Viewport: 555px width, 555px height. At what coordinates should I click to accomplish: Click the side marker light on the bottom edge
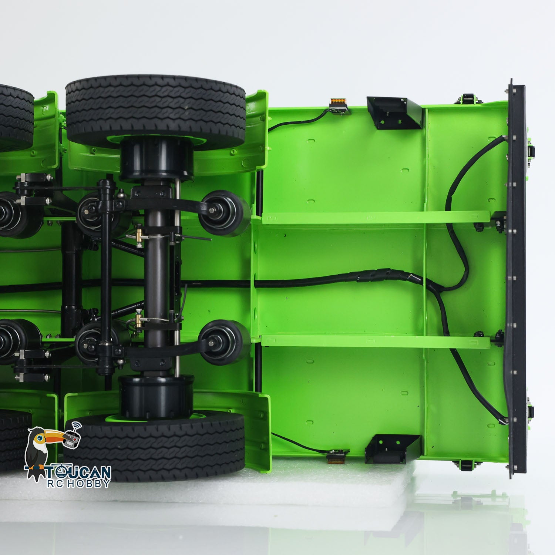tap(337, 455)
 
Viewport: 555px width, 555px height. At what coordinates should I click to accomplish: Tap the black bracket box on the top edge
tap(394, 113)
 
